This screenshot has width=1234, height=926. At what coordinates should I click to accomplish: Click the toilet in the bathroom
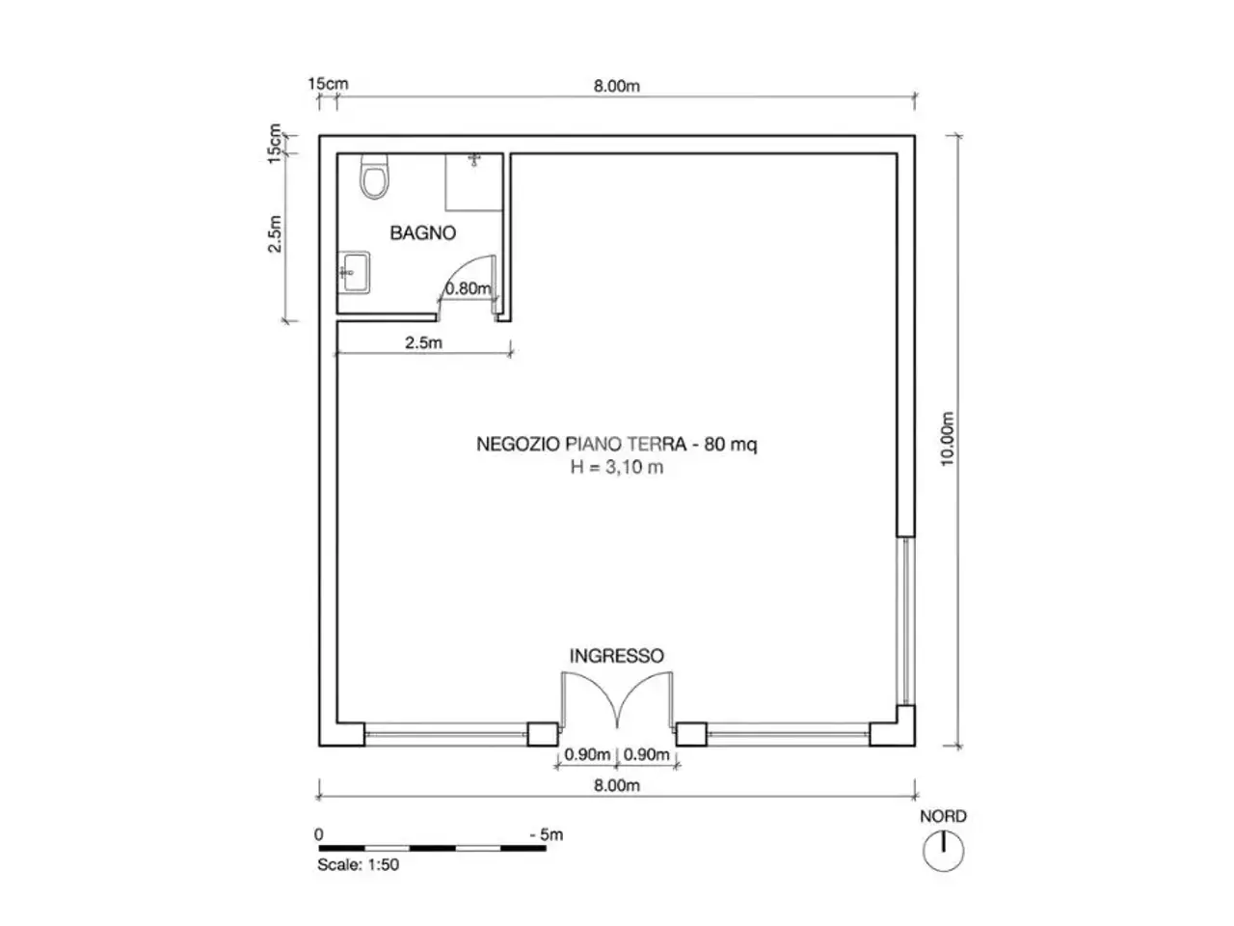(374, 176)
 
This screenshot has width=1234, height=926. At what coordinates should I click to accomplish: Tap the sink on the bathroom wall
(354, 272)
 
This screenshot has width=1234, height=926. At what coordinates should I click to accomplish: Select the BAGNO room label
(423, 232)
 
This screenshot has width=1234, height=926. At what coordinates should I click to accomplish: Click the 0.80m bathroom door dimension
(468, 288)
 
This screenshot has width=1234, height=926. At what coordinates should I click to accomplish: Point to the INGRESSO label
(617, 656)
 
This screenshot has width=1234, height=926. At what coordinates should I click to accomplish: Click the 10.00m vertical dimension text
(948, 439)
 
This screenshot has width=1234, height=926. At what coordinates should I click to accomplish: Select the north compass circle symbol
(944, 851)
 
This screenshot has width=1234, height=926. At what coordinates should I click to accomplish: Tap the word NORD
(944, 816)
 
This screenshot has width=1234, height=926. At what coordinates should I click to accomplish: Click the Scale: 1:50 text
(358, 864)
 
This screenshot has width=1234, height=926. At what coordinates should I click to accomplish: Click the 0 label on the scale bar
(319, 833)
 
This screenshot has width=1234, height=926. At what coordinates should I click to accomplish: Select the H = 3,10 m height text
(617, 467)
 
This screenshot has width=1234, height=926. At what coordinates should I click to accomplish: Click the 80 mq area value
(731, 444)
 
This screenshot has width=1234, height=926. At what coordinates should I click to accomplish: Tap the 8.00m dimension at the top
(617, 86)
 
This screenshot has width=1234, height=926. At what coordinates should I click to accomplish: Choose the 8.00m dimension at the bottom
(617, 785)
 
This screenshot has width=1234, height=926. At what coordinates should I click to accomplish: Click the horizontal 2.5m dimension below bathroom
(423, 342)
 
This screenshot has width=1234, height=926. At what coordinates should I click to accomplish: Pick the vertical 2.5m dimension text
(275, 233)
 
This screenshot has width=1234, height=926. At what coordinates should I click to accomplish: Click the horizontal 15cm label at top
(328, 84)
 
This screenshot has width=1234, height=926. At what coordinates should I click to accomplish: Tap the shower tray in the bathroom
(474, 182)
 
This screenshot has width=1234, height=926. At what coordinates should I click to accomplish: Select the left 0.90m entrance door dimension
(587, 754)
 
